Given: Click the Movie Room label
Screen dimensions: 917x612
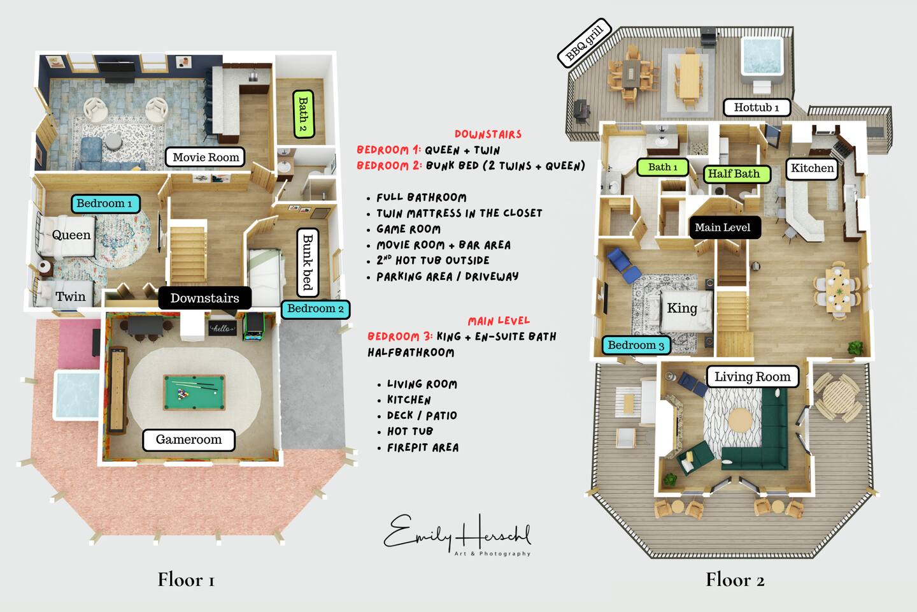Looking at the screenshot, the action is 205,157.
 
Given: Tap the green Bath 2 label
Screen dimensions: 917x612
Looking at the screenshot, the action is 303,114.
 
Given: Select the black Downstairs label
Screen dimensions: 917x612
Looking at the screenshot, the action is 204,298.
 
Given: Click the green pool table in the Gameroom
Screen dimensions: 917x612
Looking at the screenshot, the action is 194,392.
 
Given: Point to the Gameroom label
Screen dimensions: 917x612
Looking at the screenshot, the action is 188,440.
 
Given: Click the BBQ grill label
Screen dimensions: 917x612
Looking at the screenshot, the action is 584,43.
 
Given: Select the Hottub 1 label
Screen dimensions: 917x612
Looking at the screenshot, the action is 756,108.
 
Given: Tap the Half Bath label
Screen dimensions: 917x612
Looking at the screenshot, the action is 737,174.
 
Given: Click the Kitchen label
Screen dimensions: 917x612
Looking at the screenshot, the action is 812,168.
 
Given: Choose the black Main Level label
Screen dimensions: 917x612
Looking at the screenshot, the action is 725,228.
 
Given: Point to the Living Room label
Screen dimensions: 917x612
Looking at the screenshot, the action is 753,376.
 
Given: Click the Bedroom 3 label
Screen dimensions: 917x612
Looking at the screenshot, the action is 636,345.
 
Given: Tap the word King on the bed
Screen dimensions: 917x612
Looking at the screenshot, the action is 682,309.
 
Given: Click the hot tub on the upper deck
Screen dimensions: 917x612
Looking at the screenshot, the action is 762,57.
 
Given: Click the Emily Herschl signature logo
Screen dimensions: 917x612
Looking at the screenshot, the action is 457,534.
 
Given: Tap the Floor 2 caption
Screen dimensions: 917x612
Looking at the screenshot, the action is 735,579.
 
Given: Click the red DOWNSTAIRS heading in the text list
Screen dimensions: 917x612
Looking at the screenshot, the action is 488,135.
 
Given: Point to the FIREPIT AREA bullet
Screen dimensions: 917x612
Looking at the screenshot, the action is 423,448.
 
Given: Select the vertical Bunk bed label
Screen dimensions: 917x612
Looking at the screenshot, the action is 308,262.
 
